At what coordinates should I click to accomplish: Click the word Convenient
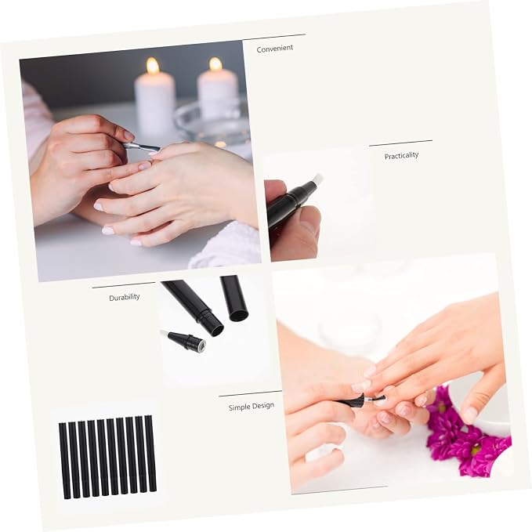pyautogui.click(x=275, y=49)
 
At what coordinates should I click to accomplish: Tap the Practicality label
pyautogui.click(x=401, y=156)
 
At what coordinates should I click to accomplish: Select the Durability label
pyautogui.click(x=125, y=297)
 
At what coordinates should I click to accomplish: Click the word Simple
pyautogui.click(x=238, y=407)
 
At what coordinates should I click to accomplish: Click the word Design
pyautogui.click(x=262, y=405)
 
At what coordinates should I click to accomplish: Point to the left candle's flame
pyautogui.click(x=152, y=66)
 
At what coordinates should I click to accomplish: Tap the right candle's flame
pyautogui.click(x=215, y=64)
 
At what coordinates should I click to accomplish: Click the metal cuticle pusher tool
pyautogui.click(x=141, y=147)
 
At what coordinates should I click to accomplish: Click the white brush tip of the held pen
pyautogui.click(x=317, y=179)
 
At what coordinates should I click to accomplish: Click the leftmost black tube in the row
pyautogui.click(x=64, y=461)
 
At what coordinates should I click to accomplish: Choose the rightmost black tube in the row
pyautogui.click(x=150, y=454)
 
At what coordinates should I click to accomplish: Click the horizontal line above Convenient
pyautogui.click(x=274, y=37)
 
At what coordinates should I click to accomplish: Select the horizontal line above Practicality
pyautogui.click(x=400, y=143)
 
